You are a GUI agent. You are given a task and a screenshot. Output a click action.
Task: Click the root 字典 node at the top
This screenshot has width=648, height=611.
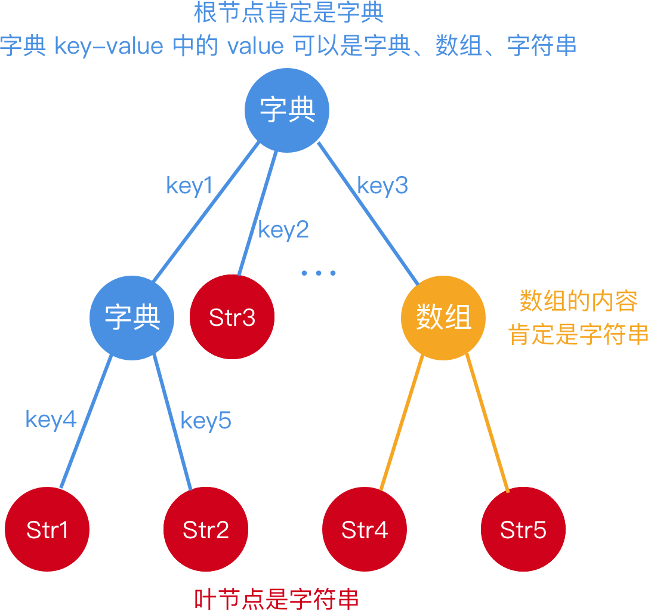pos(288,110)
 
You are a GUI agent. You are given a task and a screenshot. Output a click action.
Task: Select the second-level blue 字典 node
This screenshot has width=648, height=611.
pos(132,317)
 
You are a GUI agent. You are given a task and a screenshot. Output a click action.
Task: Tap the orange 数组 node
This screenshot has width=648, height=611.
pos(443,317)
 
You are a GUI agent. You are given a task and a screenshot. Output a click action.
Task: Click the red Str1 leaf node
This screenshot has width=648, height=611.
pos(47,530)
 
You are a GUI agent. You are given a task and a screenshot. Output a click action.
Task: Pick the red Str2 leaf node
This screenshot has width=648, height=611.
pos(206,530)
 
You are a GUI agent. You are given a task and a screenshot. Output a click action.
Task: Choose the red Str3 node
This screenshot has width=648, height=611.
pos(232,317)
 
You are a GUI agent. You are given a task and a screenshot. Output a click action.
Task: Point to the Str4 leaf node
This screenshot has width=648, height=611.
pos(365,530)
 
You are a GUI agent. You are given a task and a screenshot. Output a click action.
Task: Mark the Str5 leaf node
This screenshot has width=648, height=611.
pos(523,530)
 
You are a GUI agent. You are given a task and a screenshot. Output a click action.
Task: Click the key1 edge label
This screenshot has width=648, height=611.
pos(189,186)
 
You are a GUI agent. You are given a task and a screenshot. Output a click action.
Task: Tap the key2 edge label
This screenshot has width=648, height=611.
pos(283,230)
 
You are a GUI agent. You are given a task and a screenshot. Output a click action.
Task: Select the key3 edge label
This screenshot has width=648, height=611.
pos(382,186)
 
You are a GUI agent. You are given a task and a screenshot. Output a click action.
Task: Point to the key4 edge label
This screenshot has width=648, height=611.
pos(51,420)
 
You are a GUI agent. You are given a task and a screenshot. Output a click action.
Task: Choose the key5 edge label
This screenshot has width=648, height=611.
pos(206,421)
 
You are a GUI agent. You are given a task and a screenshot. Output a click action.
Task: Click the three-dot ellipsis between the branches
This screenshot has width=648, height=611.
pos(318,273)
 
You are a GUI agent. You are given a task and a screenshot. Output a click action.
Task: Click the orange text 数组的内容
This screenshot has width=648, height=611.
pos(578,301)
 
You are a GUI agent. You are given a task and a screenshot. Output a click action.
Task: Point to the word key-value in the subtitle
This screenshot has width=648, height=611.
pos(109,47)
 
